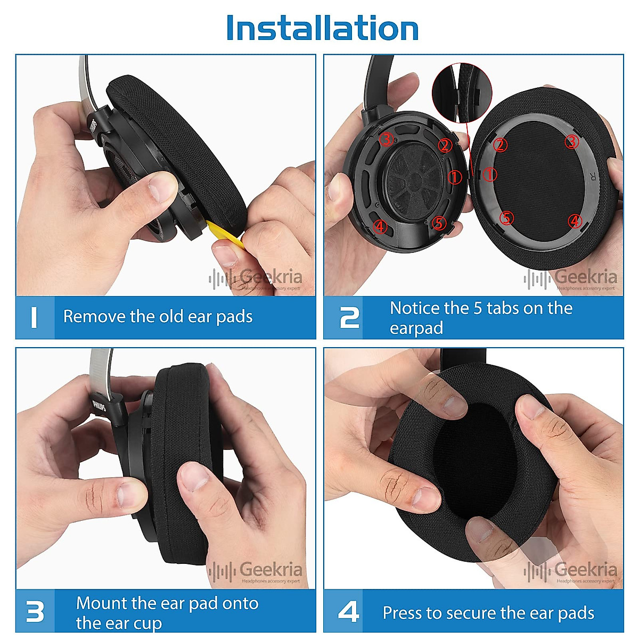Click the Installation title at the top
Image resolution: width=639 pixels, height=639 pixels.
click(322, 28)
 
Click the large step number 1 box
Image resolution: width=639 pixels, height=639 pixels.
click(35, 317)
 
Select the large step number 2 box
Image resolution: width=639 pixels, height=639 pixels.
click(349, 317)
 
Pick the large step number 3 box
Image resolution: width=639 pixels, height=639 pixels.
click(35, 612)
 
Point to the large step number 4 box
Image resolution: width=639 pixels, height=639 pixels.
click(349, 612)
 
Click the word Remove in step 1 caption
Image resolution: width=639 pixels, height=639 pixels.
click(95, 316)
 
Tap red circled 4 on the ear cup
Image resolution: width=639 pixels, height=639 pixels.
click(380, 226)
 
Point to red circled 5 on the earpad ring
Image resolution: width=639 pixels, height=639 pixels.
click(506, 218)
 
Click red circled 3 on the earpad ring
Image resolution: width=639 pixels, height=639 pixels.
click(571, 142)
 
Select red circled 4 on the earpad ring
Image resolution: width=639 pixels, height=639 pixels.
click(575, 220)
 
